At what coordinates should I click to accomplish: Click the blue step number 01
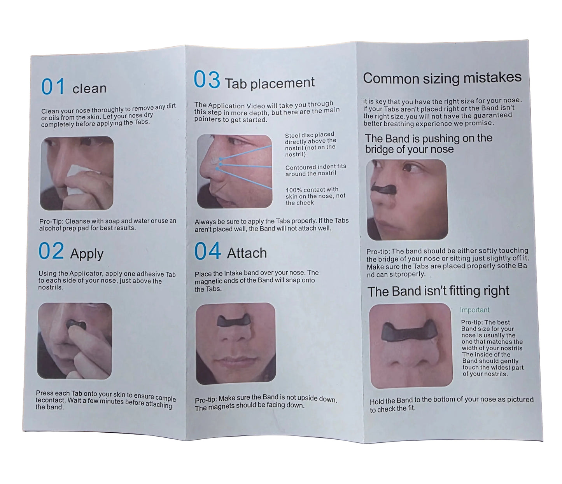pos(53,86)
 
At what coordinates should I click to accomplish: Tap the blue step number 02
pos(51,251)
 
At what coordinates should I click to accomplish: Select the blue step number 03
pos(207,79)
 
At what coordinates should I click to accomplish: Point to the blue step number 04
pos(207,251)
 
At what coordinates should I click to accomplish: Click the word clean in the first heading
pos(89,89)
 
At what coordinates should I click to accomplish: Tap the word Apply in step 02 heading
pos(87,254)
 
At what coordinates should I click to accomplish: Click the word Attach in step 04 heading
pos(247,253)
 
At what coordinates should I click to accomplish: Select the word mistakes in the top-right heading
pos(492,77)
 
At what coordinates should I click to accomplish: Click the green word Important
pos(474,310)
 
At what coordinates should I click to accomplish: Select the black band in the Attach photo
pos(234,320)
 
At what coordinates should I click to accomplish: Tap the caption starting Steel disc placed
pos(310,145)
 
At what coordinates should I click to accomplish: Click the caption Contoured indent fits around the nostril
pos(316,170)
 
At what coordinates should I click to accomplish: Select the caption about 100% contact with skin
pos(315,196)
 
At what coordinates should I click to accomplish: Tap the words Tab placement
pos(270,83)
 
